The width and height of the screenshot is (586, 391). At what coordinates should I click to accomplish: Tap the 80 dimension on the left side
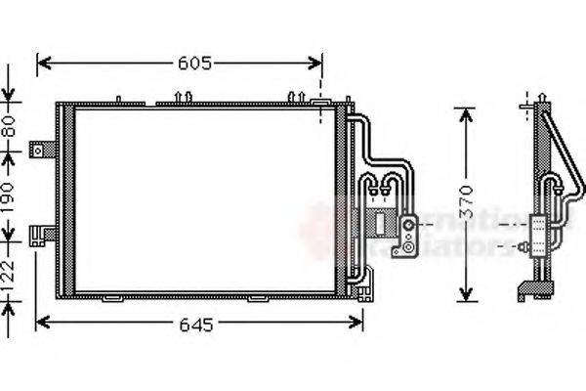pyautogui.click(x=9, y=126)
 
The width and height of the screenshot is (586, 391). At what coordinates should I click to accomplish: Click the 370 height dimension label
pyautogui.click(x=466, y=201)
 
